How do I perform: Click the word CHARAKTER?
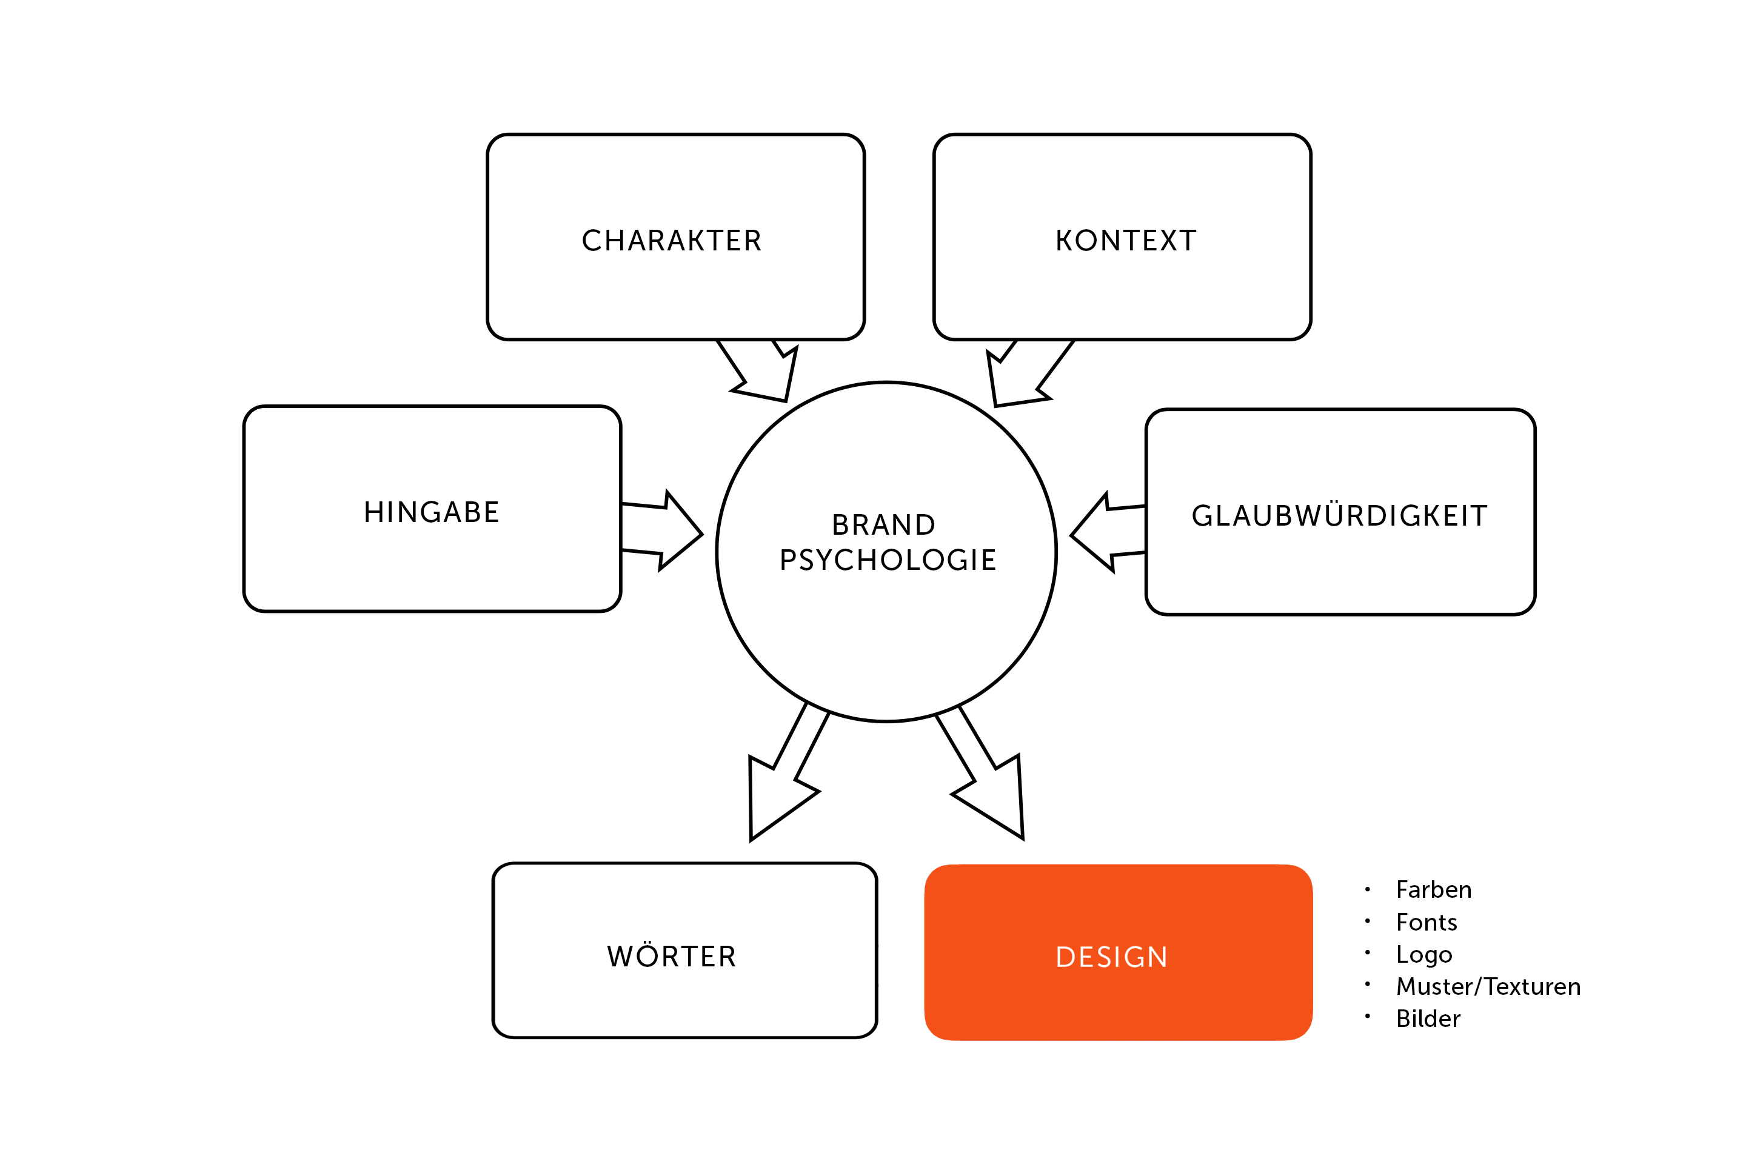[x=672, y=241]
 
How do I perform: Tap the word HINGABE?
[x=431, y=512]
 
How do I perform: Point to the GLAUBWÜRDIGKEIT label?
[x=1339, y=515]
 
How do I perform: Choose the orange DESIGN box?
[x=1119, y=952]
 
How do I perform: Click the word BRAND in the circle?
[x=883, y=525]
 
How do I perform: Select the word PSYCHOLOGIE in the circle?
[x=888, y=560]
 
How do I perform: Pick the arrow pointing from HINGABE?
[x=661, y=531]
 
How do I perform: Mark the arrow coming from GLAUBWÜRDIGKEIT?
[x=1108, y=532]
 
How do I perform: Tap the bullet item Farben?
[x=1433, y=889]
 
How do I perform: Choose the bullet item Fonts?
[x=1426, y=922]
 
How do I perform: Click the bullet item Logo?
[x=1424, y=955]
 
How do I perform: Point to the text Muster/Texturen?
[x=1488, y=986]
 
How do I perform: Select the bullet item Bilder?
[x=1428, y=1018]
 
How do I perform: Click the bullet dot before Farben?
[x=1368, y=889]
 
